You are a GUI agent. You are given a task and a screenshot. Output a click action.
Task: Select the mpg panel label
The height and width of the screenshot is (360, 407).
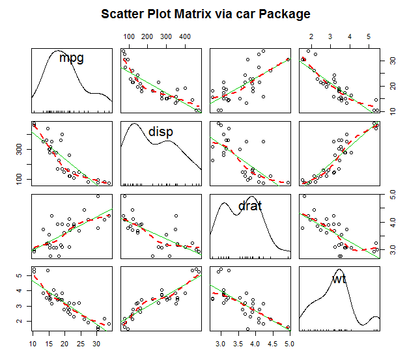72,59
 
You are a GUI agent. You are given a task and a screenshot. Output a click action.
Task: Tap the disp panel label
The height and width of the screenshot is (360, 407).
161,132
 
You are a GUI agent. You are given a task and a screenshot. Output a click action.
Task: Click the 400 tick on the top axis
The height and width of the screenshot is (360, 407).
186,36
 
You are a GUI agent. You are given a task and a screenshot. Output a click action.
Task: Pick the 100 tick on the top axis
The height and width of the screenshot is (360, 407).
129,36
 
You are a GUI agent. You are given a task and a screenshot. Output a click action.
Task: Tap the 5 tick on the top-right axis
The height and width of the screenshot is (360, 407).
369,36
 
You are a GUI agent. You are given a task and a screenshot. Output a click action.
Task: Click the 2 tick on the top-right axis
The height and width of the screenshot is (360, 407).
311,36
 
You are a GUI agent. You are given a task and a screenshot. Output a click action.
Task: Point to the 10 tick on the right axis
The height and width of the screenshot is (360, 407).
393,111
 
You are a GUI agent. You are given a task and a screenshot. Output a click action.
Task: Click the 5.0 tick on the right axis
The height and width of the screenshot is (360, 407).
393,194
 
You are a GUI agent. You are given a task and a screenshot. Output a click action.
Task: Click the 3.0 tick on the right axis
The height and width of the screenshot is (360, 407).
393,249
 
